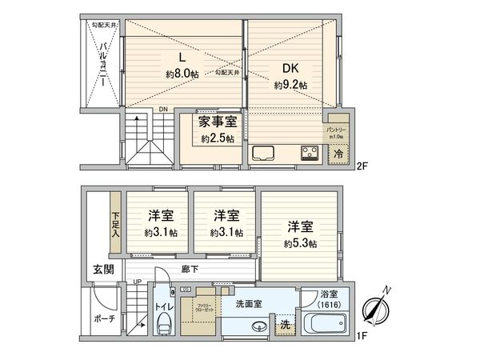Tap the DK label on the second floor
(x=289, y=67)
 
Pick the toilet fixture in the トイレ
(x=166, y=325)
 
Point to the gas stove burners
(x=310, y=152)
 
